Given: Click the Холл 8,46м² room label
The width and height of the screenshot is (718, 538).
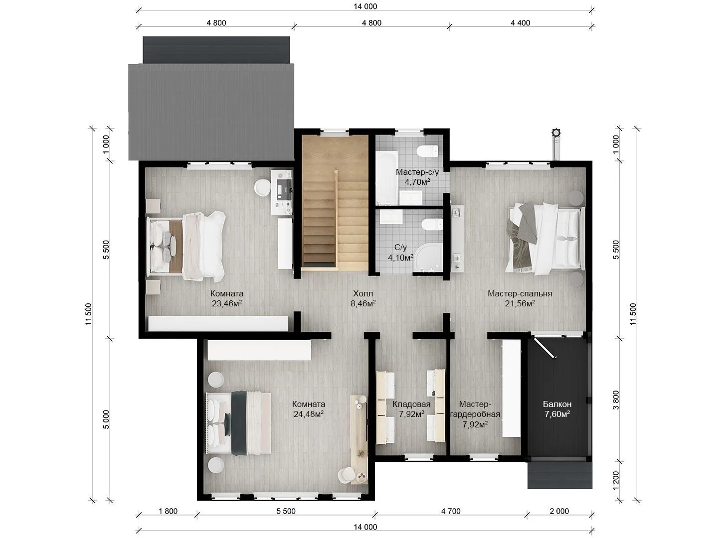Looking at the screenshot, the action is pos(363,298).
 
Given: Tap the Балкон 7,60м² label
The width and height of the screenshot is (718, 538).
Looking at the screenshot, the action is pos(557,409).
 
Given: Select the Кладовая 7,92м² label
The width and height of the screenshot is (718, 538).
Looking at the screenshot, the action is pos(411,409).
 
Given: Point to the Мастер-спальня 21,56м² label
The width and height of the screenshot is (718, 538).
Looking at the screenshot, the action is pos(520,298).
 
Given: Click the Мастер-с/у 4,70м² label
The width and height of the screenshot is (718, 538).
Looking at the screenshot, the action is pos(417,177).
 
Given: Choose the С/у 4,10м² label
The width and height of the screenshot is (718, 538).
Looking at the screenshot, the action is pos(401,252).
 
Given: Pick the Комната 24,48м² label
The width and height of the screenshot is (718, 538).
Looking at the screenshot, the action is pos(309,409).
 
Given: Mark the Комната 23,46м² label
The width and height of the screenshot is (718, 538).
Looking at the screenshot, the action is pos(227,298).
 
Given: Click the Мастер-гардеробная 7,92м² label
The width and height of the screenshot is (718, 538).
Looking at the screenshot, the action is pos(475,414).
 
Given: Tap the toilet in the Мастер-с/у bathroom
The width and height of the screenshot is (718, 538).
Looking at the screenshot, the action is pos(428,151).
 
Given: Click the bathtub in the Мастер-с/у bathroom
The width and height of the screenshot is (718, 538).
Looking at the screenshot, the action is pos(386,178).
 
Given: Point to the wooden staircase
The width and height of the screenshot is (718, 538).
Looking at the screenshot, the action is pos(335,203).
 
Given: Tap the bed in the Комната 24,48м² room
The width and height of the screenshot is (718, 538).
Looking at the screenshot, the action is pos(238,423).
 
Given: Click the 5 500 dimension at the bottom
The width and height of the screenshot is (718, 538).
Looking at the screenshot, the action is pos(286,511).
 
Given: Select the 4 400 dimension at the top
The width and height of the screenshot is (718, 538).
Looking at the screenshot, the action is pos(520,23).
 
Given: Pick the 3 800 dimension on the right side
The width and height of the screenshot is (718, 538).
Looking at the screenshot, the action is pos(616,400).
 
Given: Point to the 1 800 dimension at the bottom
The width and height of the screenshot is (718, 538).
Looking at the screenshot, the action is pos(168,511).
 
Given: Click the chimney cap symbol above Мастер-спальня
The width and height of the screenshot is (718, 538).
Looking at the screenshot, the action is pos(556,133).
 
